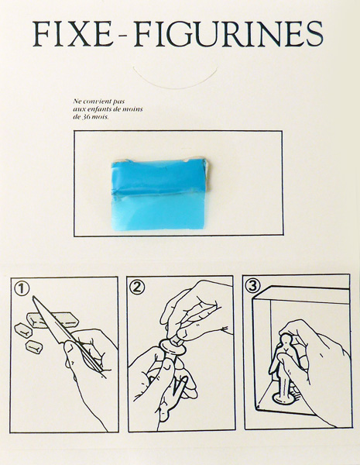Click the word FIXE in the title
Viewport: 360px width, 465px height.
click(73, 34)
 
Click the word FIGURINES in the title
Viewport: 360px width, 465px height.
click(228, 34)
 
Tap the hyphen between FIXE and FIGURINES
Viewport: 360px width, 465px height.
click(124, 36)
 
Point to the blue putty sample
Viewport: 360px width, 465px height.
click(160, 194)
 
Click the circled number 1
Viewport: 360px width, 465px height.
click(22, 288)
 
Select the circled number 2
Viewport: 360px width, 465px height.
click(137, 287)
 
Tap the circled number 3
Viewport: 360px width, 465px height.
click(253, 285)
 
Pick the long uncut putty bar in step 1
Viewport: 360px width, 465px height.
click(53, 319)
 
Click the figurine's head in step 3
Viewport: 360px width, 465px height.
click(286, 339)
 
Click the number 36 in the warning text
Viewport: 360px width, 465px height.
click(86, 117)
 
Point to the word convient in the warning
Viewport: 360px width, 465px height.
click(92, 102)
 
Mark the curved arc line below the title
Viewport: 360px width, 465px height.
click(175, 87)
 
